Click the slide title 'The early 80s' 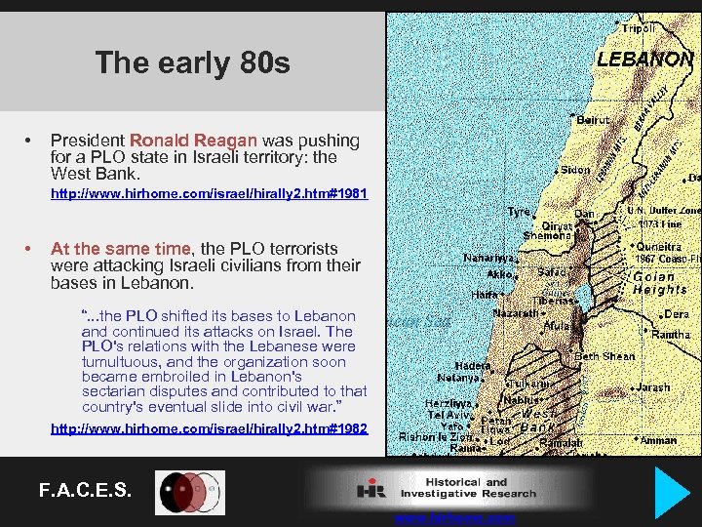(193, 63)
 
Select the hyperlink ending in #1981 (209, 194)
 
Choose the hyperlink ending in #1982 (209, 428)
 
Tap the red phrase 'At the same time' (123, 249)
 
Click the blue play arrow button (673, 492)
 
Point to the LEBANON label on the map (644, 59)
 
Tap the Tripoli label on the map (639, 27)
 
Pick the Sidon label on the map (575, 170)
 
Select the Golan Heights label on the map (660, 283)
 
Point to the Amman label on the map (659, 440)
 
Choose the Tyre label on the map (519, 212)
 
